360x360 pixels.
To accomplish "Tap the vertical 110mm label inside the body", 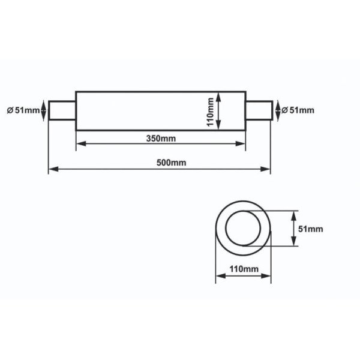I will pos(211,110).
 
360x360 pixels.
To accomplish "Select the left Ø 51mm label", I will pos(22,110).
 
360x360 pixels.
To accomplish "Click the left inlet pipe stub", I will pos(62,111).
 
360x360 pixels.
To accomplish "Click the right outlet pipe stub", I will pos(258,111).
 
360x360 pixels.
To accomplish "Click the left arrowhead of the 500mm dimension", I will pos(52,170).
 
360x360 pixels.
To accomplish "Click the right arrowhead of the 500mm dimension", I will pos(267,170).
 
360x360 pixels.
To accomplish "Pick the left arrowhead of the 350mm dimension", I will pos(79,143).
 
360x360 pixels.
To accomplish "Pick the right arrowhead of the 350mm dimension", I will pos(242,143).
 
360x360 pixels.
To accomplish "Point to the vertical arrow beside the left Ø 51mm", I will pos(43,111).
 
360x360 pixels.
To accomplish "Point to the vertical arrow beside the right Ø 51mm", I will pos(277,111).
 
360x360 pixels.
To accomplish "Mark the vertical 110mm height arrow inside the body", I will pos(220,110).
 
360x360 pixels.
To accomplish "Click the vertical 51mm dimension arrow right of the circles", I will pos(294,229).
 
